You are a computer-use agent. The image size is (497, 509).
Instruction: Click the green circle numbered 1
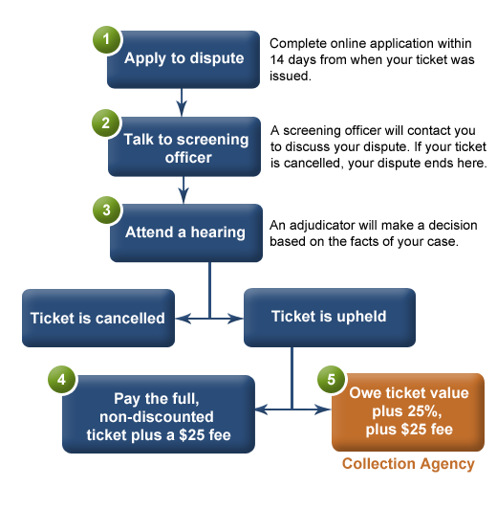click(x=107, y=39)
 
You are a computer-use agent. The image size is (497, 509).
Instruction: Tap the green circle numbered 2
click(x=106, y=123)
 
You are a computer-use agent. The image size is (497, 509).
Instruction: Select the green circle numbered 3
click(x=107, y=210)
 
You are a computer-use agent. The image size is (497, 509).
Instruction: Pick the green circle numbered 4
click(x=61, y=379)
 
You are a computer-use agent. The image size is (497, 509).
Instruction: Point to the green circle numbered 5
click(x=331, y=379)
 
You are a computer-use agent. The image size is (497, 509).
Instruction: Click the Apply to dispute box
click(x=184, y=59)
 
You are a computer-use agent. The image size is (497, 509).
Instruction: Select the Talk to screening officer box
click(x=184, y=146)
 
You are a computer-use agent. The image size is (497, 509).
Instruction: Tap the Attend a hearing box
click(x=186, y=232)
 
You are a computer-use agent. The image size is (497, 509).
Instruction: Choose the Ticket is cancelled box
click(x=98, y=318)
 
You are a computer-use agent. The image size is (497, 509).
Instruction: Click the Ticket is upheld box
click(x=330, y=318)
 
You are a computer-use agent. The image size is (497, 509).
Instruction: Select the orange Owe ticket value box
click(x=408, y=412)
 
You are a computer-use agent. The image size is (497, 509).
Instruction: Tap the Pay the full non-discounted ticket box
click(x=159, y=414)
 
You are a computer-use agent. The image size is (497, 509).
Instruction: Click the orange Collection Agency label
click(x=408, y=464)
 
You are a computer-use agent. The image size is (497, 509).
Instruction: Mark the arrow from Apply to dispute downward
click(x=182, y=102)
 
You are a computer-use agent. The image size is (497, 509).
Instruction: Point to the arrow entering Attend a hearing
click(x=184, y=189)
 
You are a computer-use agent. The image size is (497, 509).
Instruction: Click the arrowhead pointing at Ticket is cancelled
click(x=183, y=319)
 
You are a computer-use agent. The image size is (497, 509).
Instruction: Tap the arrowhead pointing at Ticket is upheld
click(x=236, y=319)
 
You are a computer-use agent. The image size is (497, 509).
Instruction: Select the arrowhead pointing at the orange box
click(x=323, y=409)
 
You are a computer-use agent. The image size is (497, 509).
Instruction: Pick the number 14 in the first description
click(x=277, y=59)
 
